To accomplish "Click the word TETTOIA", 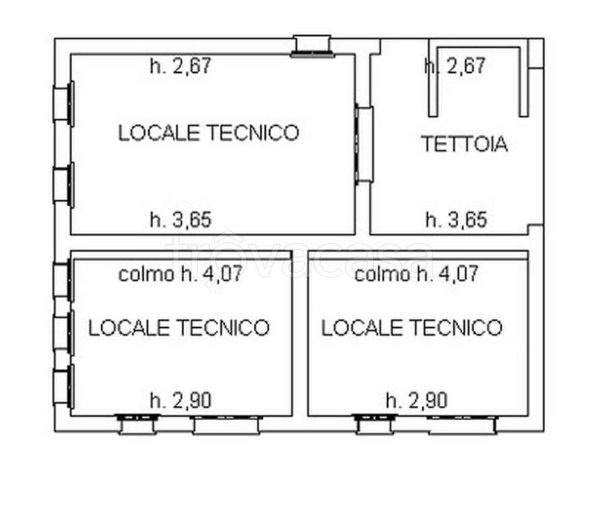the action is (x=464, y=144).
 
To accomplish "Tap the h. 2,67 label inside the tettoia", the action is (x=455, y=65).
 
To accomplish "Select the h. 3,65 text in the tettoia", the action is (x=457, y=220).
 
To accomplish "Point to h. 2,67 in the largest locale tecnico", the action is (x=181, y=65).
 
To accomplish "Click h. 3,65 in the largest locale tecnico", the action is (x=181, y=220).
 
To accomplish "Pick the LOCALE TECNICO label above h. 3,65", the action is (x=208, y=133).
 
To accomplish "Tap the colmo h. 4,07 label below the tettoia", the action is (x=416, y=274).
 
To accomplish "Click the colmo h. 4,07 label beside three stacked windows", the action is (x=180, y=274).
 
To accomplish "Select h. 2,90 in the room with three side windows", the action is (x=181, y=401).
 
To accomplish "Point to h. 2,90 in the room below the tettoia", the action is (x=417, y=401).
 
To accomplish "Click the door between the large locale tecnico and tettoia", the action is (x=364, y=144).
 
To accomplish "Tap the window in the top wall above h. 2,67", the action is (x=312, y=47).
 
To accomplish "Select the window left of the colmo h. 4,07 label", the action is (x=63, y=280).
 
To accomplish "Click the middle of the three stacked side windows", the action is (x=63, y=333).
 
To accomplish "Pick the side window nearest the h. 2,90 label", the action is (x=63, y=386).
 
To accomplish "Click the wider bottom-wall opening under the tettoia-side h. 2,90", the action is (x=462, y=425).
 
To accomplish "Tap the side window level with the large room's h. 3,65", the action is (x=63, y=185).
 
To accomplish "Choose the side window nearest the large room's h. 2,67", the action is (x=63, y=104).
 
